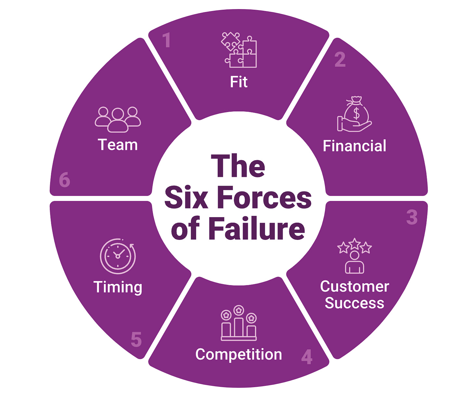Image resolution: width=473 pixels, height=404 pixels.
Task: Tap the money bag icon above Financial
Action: (x=354, y=114)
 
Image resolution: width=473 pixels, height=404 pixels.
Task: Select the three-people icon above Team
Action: (x=118, y=119)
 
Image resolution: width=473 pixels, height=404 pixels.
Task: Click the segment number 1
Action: (x=167, y=40)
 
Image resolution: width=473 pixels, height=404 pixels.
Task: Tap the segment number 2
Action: (x=340, y=59)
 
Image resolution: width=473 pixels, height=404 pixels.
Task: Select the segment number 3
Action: (x=412, y=217)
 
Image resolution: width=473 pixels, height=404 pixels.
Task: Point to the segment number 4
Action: (x=307, y=357)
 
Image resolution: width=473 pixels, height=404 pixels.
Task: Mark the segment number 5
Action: (x=136, y=340)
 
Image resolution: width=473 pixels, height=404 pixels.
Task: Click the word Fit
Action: (x=239, y=82)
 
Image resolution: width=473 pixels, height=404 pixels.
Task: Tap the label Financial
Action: (x=354, y=146)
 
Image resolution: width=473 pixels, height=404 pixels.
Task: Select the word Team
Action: (x=118, y=145)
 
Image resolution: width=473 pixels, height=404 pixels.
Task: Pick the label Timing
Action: (x=118, y=287)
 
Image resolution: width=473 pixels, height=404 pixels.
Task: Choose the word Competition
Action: (x=239, y=354)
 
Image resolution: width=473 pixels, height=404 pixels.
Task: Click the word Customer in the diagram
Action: (x=354, y=286)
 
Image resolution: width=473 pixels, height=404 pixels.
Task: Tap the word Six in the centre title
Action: (x=186, y=198)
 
